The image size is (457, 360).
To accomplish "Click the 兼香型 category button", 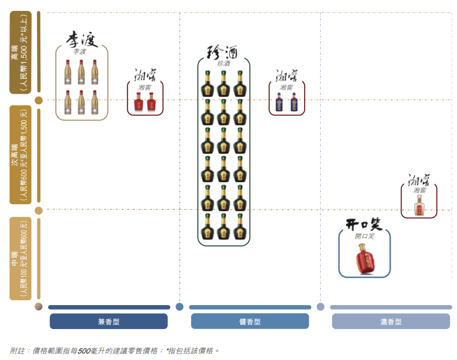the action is click(108, 322).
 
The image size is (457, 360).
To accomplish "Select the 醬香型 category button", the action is click(250, 322).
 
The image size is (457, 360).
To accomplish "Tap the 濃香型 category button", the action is click(391, 322).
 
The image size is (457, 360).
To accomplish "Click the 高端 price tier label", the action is click(20, 52).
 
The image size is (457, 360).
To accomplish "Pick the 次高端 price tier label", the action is click(20, 154).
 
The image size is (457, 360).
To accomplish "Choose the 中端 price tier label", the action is click(20, 258).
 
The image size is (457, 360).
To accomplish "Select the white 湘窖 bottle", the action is click(419, 205).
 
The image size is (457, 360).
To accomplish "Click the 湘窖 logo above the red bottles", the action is click(145, 75).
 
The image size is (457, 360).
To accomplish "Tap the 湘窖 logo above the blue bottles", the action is click(287, 75).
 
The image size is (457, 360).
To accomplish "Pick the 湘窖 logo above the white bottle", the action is click(419, 179).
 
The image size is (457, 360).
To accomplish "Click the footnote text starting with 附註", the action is click(114, 351).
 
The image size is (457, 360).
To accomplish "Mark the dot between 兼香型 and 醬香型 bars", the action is click(180, 307).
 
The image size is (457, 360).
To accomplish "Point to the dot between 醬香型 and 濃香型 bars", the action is click(321, 307).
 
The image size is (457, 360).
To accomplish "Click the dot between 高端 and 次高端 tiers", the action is click(38, 100).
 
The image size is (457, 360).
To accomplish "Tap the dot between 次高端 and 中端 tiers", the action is click(38, 210).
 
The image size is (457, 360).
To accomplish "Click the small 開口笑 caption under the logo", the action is click(365, 236).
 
